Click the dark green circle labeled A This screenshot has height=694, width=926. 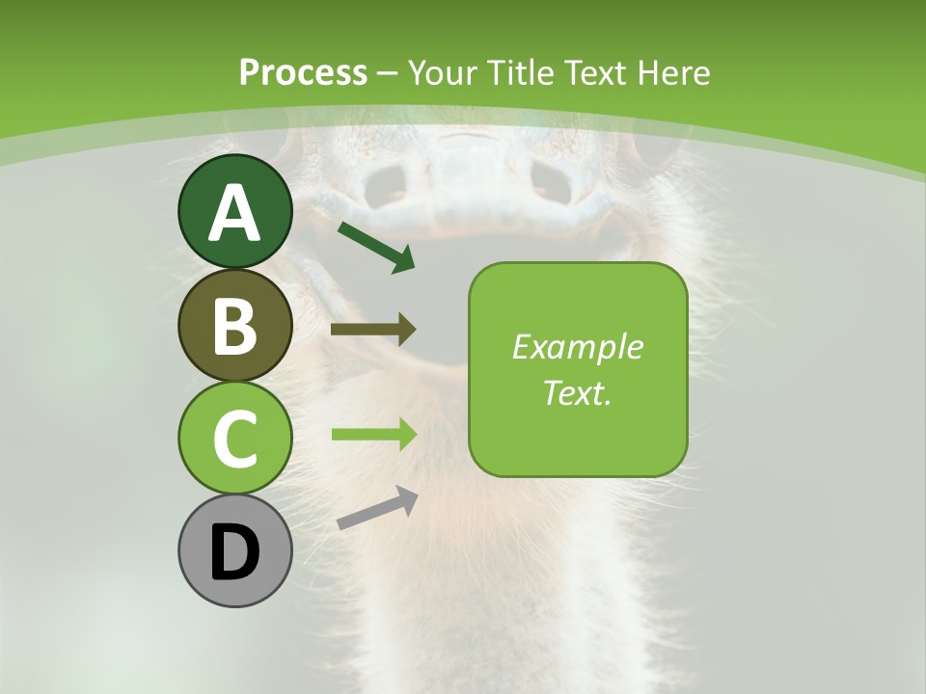coord(234,212)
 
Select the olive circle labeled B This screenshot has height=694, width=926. coord(234,326)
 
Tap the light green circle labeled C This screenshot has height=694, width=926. coord(234,439)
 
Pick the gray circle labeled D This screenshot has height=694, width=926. coord(234,551)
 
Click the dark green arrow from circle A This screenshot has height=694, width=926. coord(376,247)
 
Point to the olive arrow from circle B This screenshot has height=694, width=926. coord(373,330)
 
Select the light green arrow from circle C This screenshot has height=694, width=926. coord(373,434)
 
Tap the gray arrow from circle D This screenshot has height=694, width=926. coord(377,509)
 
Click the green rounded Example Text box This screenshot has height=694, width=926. coord(578,370)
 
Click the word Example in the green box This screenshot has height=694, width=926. coord(578,347)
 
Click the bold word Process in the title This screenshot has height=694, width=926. coord(303,72)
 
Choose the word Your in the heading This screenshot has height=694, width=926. coord(440,72)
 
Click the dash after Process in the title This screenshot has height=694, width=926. coord(388,73)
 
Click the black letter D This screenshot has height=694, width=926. coord(234,553)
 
